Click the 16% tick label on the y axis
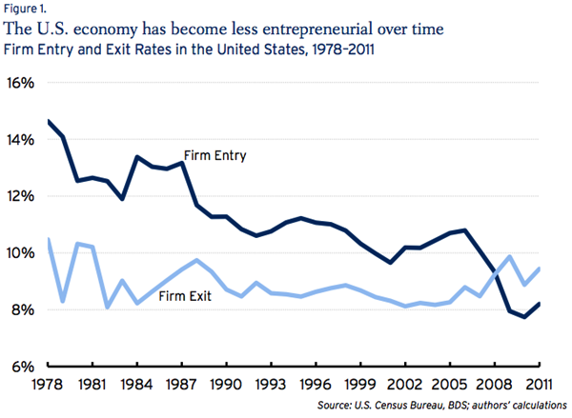[x=20, y=83]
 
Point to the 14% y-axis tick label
[x=20, y=140]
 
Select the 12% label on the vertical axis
[x=20, y=196]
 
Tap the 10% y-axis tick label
[x=20, y=253]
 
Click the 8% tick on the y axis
[x=24, y=310]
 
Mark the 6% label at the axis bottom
[x=24, y=367]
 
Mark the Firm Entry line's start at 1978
[x=48, y=121]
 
